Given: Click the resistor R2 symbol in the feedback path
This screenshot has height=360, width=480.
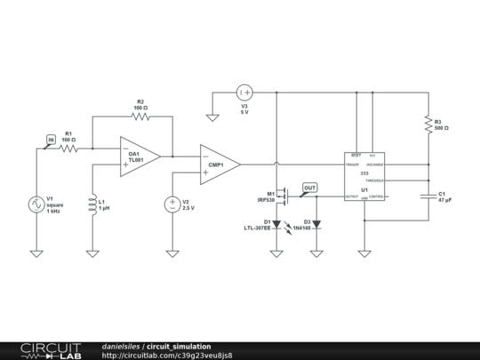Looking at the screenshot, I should [x=140, y=116].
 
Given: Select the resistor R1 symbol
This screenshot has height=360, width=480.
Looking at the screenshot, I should [x=69, y=148].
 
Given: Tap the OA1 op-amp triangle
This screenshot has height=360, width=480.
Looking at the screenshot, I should [x=139, y=156].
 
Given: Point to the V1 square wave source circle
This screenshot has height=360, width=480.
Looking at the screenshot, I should [x=36, y=204].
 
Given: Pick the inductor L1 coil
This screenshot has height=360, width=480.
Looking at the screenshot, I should [x=92, y=205].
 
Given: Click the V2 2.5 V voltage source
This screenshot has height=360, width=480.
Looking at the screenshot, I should [x=172, y=204].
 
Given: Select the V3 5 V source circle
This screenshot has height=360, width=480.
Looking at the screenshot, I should [x=245, y=92].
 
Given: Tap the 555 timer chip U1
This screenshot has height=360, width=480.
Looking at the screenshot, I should [x=364, y=176].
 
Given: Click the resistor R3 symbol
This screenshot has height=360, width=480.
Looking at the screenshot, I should [x=428, y=124].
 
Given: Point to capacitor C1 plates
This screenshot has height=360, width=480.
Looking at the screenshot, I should [x=428, y=196].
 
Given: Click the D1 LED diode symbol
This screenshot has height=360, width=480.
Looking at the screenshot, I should [x=276, y=224].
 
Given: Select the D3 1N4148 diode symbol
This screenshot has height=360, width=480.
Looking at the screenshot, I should [x=316, y=224].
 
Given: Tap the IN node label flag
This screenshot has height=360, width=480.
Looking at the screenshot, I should [x=51, y=140].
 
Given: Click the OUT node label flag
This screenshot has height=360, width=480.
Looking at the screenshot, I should [x=309, y=188].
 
